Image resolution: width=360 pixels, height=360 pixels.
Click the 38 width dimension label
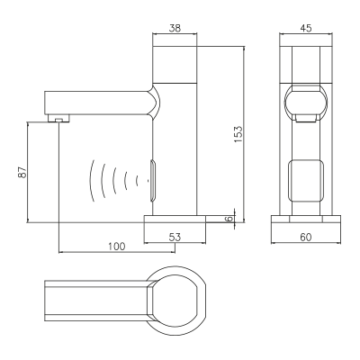[x=175, y=28]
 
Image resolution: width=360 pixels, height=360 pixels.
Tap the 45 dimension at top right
[x=306, y=28]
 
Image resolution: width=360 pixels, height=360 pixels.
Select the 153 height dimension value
[x=238, y=134]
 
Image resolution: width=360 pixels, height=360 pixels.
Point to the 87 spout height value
[x=22, y=172]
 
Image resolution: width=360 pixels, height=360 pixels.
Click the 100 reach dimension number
[x=117, y=247]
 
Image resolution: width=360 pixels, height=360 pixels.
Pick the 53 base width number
[x=175, y=237]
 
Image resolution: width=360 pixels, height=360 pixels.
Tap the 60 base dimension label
[x=306, y=237]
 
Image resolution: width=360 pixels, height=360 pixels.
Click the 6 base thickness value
[x=229, y=219]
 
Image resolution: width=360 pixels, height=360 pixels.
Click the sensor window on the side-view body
[x=153, y=180]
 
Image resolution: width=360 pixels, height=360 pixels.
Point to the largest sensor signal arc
[x=91, y=181]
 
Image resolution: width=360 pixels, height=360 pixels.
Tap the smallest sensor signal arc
[x=137, y=181]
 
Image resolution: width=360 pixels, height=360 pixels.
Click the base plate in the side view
[x=175, y=219]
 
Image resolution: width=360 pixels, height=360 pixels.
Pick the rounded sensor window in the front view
[x=306, y=180]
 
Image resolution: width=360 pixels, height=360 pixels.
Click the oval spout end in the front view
[x=306, y=101]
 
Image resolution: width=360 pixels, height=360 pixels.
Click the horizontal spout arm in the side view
[x=98, y=103]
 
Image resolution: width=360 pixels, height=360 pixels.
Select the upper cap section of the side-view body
[x=175, y=64]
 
